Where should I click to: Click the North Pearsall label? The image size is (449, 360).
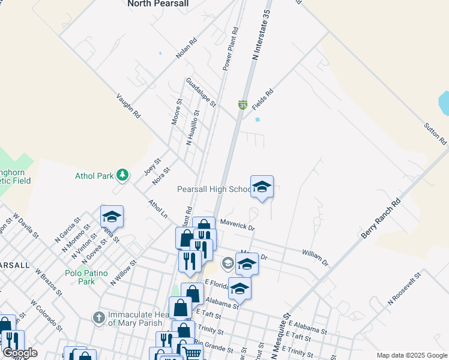tap(158, 4)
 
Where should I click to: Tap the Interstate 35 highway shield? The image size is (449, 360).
tap(243, 104)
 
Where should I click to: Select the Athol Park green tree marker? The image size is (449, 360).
tap(122, 175)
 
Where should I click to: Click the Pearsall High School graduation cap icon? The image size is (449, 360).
tap(262, 187)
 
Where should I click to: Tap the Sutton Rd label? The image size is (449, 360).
tap(435, 133)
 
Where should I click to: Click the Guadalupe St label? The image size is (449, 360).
tap(200, 92)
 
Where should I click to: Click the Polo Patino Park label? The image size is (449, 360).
tap(87, 277)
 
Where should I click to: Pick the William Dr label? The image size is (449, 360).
tap(316, 259)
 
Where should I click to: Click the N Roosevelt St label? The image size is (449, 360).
tap(405, 289)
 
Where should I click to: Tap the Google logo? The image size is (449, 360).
tap(20, 352)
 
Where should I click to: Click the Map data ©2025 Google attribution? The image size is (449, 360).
tap(411, 355)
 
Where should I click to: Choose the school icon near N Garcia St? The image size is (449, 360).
tap(112, 216)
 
